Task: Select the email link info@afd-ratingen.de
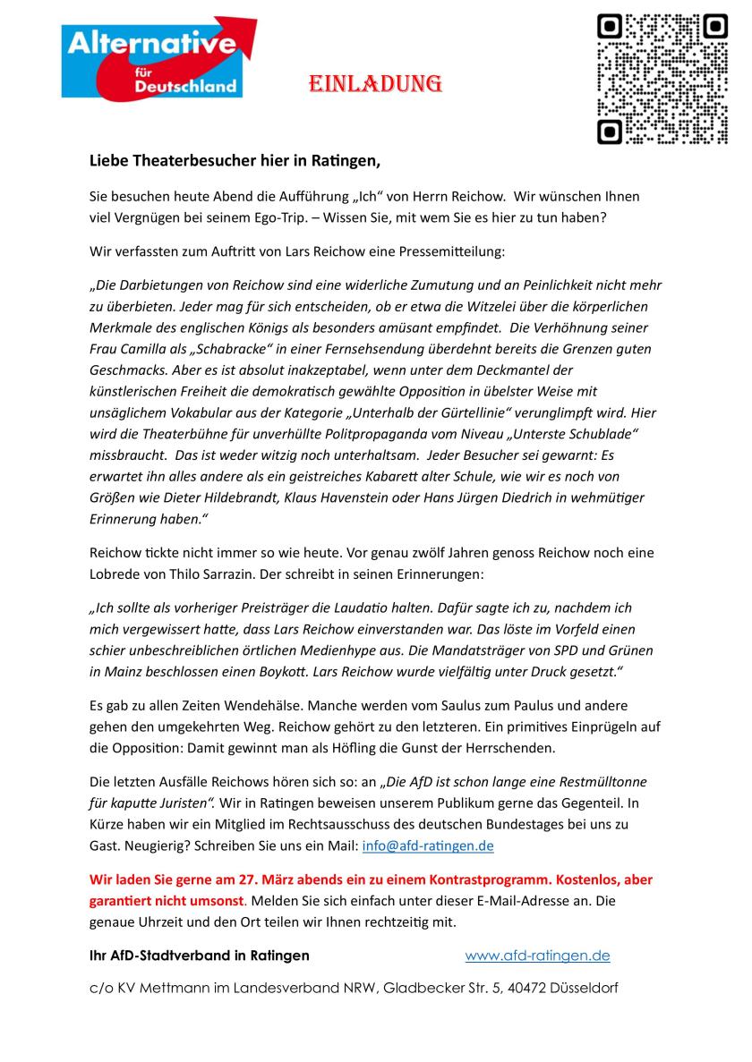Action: pyautogui.click(x=428, y=845)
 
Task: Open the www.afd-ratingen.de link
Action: pyautogui.click(x=537, y=956)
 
